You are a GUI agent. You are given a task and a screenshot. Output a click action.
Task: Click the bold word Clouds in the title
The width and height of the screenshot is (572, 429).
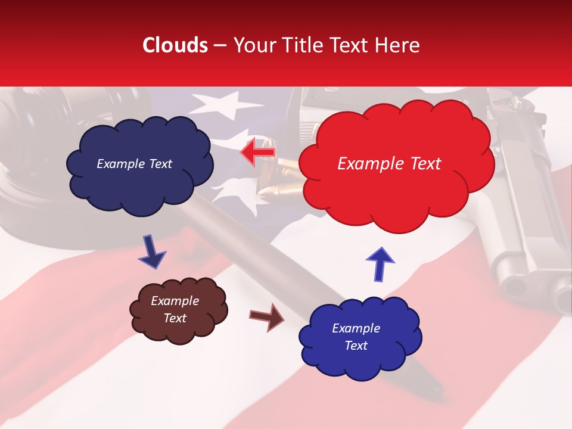pyautogui.click(x=175, y=45)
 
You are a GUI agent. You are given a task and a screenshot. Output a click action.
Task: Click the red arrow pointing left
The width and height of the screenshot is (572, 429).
pyautogui.click(x=259, y=153)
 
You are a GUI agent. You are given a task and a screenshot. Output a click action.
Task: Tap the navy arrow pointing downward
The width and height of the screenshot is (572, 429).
pyautogui.click(x=151, y=251)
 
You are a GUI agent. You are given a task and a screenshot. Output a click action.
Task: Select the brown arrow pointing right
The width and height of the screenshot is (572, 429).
pyautogui.click(x=267, y=316)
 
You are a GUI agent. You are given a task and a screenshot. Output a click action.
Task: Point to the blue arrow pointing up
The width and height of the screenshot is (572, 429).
pyautogui.click(x=380, y=262)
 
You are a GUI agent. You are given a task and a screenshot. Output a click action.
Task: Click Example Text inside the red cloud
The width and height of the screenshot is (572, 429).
pyautogui.click(x=389, y=164)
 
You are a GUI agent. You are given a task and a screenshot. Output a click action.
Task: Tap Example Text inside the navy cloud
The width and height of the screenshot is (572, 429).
pyautogui.click(x=134, y=164)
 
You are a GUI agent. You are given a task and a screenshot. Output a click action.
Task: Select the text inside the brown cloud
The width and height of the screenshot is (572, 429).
pyautogui.click(x=175, y=309)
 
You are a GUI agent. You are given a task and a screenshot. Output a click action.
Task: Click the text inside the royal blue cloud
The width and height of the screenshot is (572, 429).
pyautogui.click(x=356, y=337)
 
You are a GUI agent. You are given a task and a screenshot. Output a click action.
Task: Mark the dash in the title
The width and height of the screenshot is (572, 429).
pyautogui.click(x=219, y=46)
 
